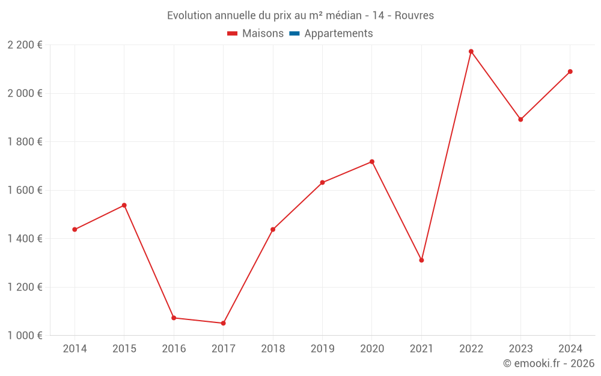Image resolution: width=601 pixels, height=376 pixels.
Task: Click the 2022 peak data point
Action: point(471,52)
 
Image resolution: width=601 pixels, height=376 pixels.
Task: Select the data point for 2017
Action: point(223,323)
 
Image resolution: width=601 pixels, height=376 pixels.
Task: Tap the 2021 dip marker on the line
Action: point(421,260)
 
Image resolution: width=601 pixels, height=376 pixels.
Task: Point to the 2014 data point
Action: point(75,229)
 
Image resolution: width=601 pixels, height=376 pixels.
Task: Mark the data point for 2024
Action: point(570,72)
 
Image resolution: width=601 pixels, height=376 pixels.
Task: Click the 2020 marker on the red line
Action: point(372,162)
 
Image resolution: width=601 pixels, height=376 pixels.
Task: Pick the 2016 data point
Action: point(174,318)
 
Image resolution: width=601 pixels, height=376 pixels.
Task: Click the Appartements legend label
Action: point(338,34)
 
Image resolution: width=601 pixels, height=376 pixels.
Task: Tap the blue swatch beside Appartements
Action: point(294,34)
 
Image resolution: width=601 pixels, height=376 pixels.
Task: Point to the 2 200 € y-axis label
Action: point(25,45)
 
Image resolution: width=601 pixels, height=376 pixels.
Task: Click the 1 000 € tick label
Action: point(25,335)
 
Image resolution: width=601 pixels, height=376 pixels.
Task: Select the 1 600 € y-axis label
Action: point(25,190)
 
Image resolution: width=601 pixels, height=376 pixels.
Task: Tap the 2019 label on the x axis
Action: point(322,349)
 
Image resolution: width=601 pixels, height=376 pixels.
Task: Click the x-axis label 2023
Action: point(520,349)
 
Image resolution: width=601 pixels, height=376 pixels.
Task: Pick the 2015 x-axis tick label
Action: point(124,349)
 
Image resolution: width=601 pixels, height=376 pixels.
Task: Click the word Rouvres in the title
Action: point(414,16)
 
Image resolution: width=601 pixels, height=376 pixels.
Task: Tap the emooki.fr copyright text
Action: point(548,363)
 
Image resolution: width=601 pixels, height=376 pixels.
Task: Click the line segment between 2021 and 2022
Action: point(446,156)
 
